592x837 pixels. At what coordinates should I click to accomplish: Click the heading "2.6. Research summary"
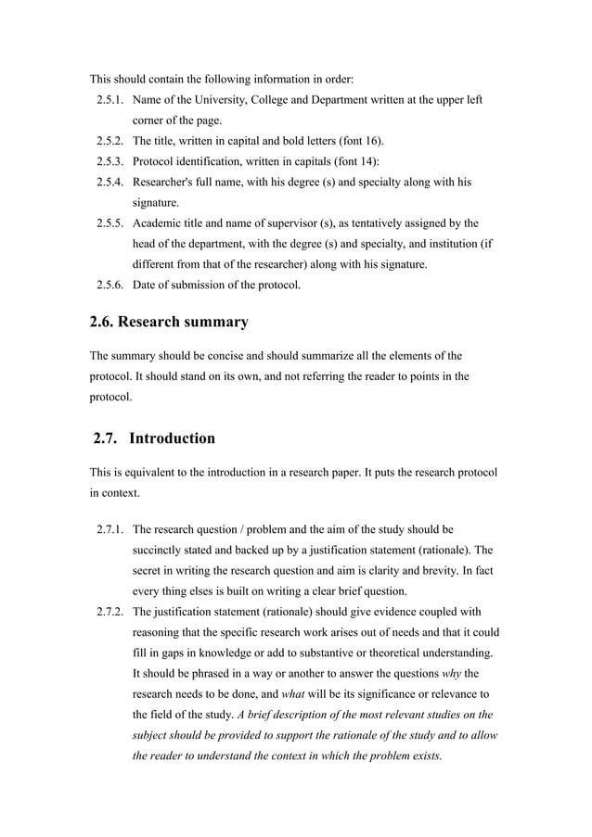pyautogui.click(x=169, y=323)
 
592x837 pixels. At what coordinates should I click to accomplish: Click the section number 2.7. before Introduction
pyautogui.click(x=110, y=438)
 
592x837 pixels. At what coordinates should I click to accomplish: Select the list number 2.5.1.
pyautogui.click(x=111, y=99)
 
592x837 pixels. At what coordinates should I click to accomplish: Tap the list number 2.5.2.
pyautogui.click(x=111, y=141)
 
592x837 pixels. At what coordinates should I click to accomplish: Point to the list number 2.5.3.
pyautogui.click(x=111, y=161)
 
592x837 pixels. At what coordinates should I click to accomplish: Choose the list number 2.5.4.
pyautogui.click(x=111, y=182)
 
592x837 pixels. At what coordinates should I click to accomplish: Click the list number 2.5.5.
pyautogui.click(x=111, y=223)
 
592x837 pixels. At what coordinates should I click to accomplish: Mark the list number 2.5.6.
pyautogui.click(x=111, y=285)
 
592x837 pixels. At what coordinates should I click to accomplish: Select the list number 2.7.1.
pyautogui.click(x=111, y=530)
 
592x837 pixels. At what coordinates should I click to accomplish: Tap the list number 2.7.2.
pyautogui.click(x=111, y=612)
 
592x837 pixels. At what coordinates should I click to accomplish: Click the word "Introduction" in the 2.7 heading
pyautogui.click(x=173, y=438)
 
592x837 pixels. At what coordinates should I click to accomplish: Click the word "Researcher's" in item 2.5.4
pyautogui.click(x=166, y=182)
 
